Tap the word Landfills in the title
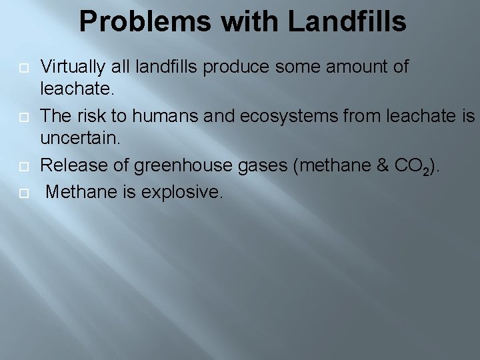pyautogui.click(x=347, y=22)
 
